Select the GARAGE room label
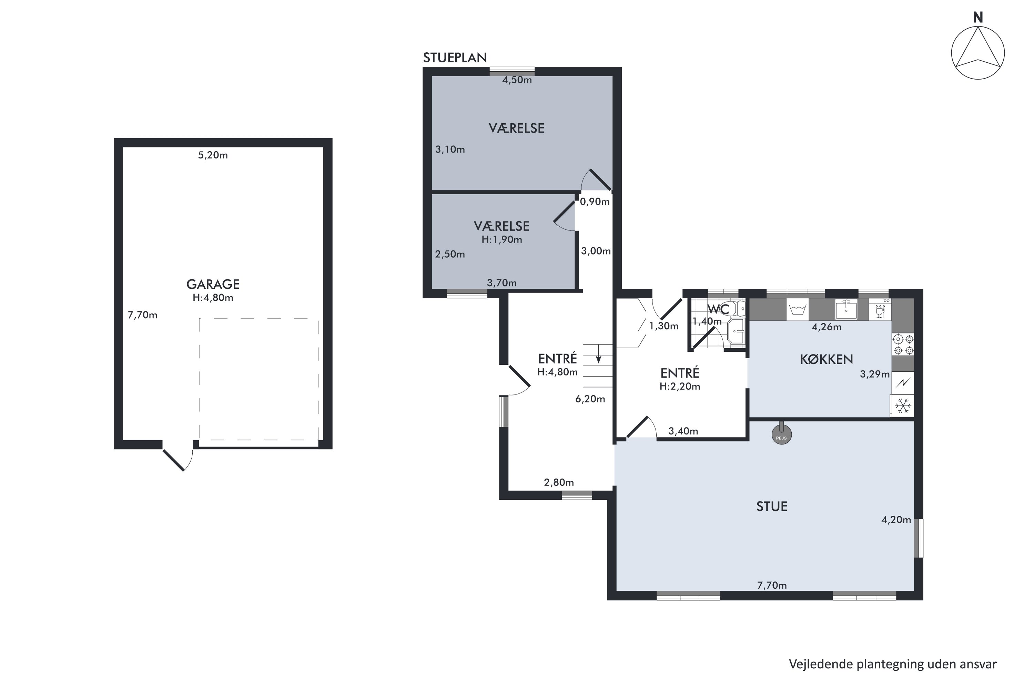point(213,284)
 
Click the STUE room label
point(772,506)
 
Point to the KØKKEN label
point(826,359)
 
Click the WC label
point(718,309)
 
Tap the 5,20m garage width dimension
point(213,155)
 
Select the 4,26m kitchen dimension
point(827,327)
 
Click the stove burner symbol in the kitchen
point(903,344)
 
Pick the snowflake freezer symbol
point(903,405)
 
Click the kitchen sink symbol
point(846,309)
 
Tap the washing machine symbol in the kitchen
point(797,309)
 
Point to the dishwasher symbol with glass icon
point(880,309)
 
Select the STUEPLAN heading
point(455,58)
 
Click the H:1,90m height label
point(501,239)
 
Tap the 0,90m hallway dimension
point(594,202)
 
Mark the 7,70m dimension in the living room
point(772,585)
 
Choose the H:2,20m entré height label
point(680,386)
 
